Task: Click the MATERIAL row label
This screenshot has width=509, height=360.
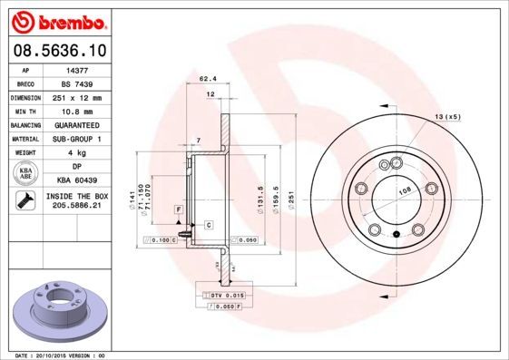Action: point(24,139)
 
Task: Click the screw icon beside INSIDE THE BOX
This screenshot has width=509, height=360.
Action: point(24,200)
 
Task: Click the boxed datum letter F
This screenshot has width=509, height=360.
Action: point(179,209)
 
